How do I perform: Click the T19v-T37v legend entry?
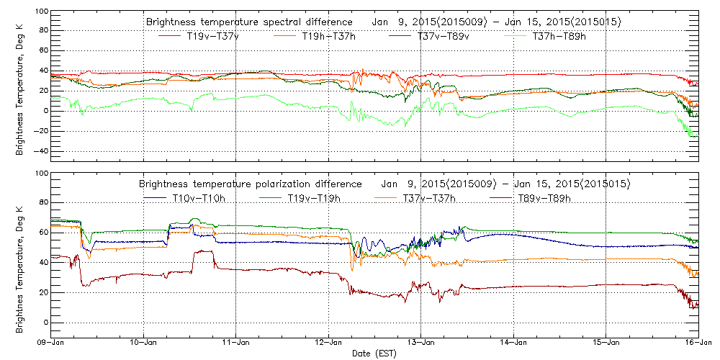tap(212, 37)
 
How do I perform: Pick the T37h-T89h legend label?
tap(558, 37)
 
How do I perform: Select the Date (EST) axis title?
tap(374, 354)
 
